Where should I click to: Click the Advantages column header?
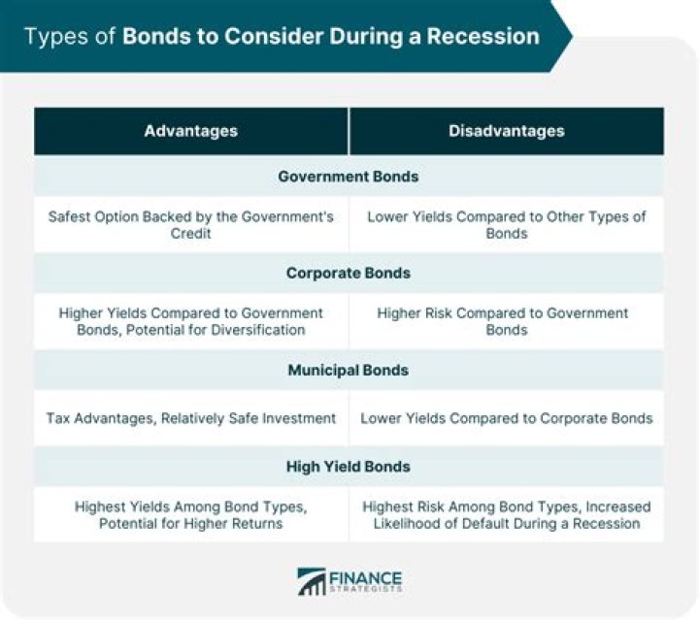pos(191,130)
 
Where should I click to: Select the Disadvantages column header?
pos(506,130)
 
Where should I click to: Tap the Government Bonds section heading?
pos(349,177)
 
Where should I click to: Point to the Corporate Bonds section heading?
pos(349,273)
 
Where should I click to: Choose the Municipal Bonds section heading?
pos(349,370)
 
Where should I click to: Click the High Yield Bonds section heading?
pos(349,466)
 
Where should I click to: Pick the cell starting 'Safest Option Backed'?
pos(191,225)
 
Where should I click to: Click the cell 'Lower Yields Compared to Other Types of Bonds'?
pos(506,225)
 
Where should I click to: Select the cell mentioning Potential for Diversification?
pos(191,321)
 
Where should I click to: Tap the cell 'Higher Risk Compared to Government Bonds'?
pos(506,321)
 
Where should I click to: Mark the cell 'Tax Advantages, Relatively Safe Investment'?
pos(191,418)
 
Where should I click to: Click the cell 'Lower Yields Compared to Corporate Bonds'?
pos(506,418)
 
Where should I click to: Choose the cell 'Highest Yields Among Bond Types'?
pos(191,514)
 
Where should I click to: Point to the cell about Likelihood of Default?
pos(506,514)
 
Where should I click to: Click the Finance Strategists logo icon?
pos(312,581)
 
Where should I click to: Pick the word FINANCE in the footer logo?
pos(366,576)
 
